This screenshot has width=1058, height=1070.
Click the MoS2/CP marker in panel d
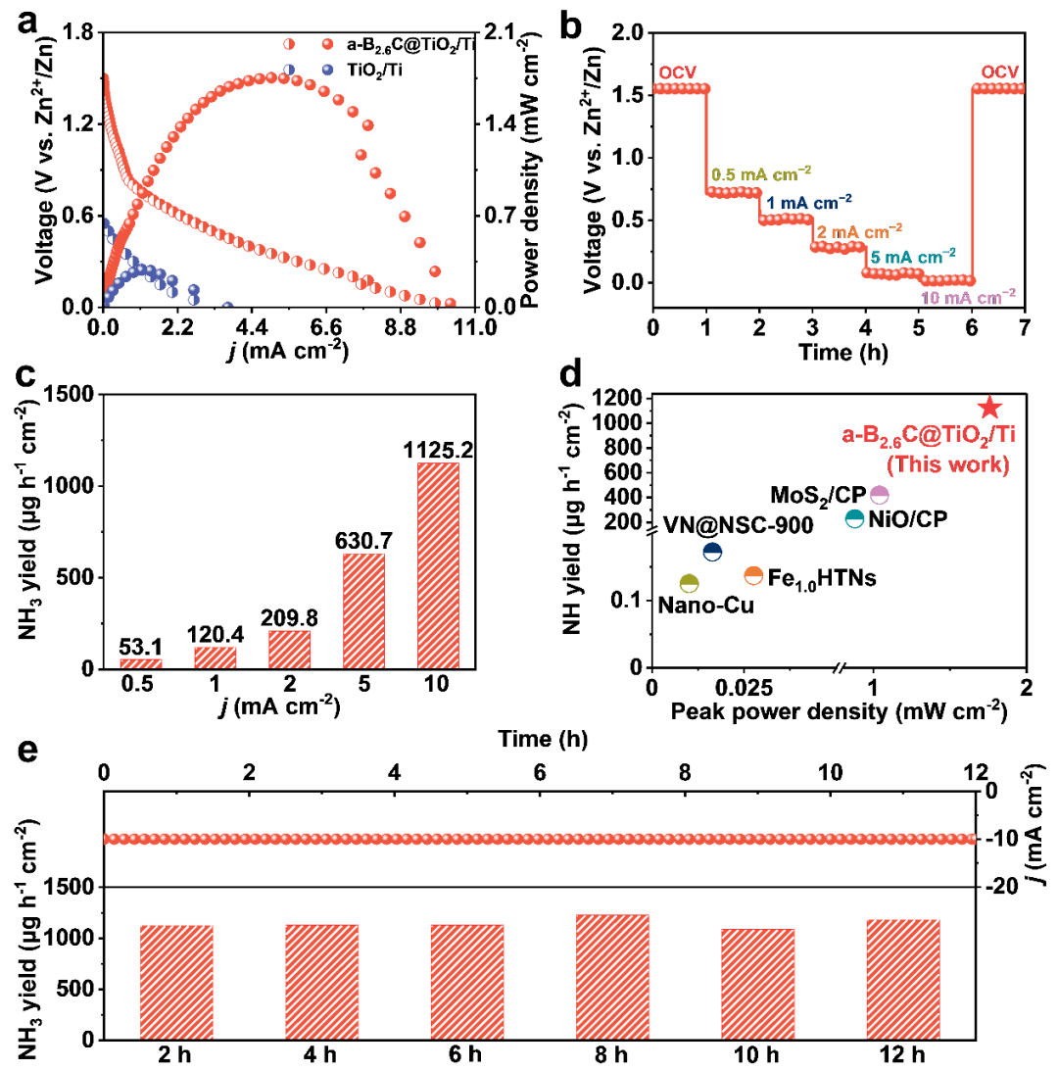click(879, 495)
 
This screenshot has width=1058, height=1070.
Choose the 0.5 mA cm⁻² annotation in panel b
click(760, 173)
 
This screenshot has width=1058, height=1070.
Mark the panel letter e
click(29, 753)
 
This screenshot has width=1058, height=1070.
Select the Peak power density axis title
click(839, 707)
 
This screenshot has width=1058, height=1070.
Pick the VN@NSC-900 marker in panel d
click(713, 553)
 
